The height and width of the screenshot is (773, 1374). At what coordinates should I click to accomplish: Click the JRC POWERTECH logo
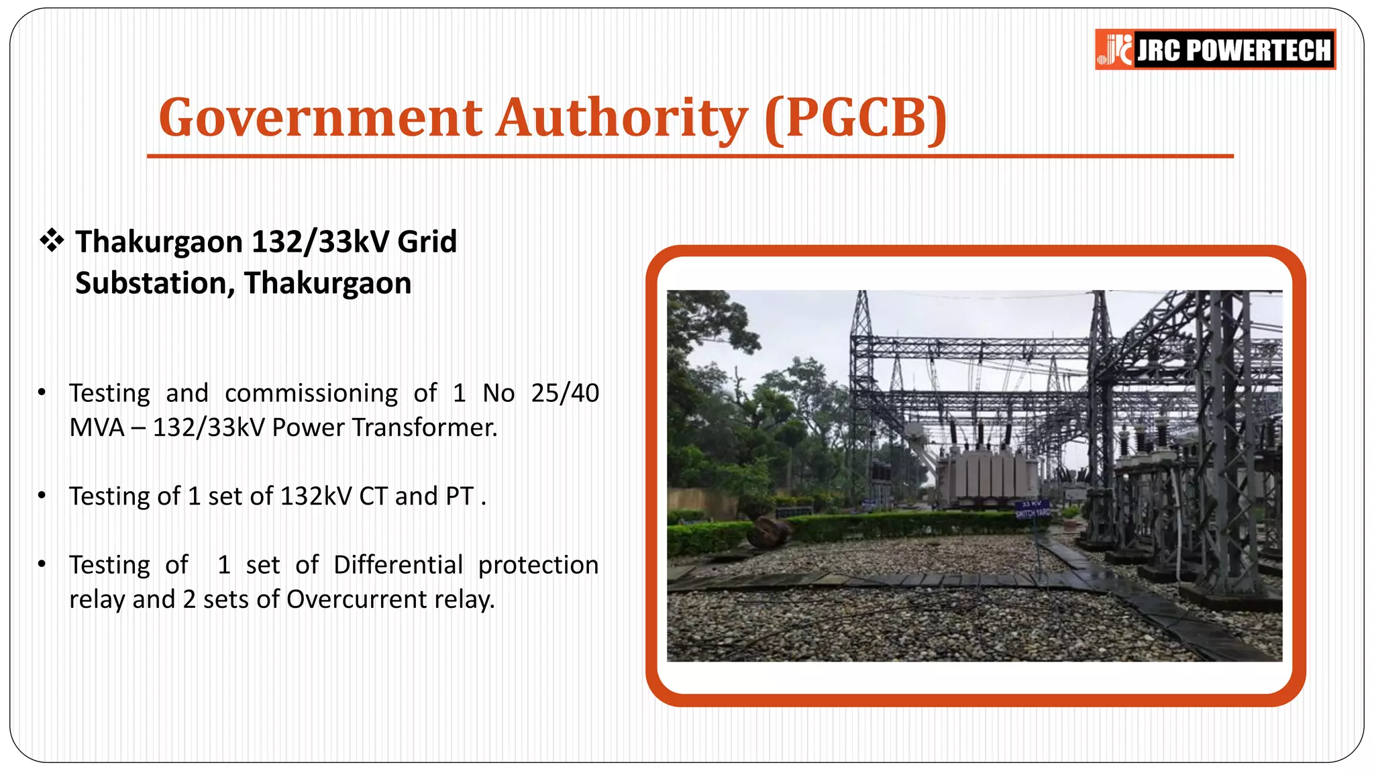tap(1215, 50)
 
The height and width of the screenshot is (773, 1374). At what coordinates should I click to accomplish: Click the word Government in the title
tap(321, 118)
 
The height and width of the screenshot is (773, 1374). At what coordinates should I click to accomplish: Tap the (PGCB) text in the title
tap(856, 118)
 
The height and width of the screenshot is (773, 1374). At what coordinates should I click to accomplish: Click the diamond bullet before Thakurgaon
tap(52, 240)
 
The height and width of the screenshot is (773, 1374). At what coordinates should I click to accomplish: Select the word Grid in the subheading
tap(427, 242)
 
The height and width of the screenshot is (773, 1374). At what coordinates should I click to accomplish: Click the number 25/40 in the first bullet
tap(564, 393)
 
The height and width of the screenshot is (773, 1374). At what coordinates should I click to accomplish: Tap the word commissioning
tap(311, 394)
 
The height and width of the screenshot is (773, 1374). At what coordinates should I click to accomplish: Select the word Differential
tap(398, 565)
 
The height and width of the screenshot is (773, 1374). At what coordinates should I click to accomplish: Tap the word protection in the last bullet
tap(538, 565)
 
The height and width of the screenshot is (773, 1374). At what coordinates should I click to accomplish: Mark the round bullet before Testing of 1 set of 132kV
tap(42, 497)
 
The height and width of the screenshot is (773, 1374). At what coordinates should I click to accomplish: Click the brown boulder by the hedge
tap(769, 532)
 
